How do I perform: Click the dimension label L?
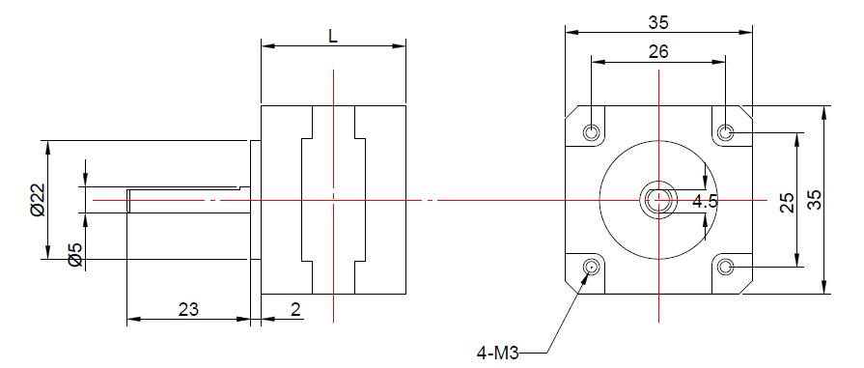(333, 36)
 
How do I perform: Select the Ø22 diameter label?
(38, 200)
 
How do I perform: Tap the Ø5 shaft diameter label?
(75, 254)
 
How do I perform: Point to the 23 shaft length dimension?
(188, 309)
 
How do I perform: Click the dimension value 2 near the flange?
(296, 309)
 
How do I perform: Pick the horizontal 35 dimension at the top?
(658, 22)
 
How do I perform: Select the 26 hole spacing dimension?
(658, 51)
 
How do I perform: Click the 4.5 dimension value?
(705, 201)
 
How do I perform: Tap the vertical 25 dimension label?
(788, 202)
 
